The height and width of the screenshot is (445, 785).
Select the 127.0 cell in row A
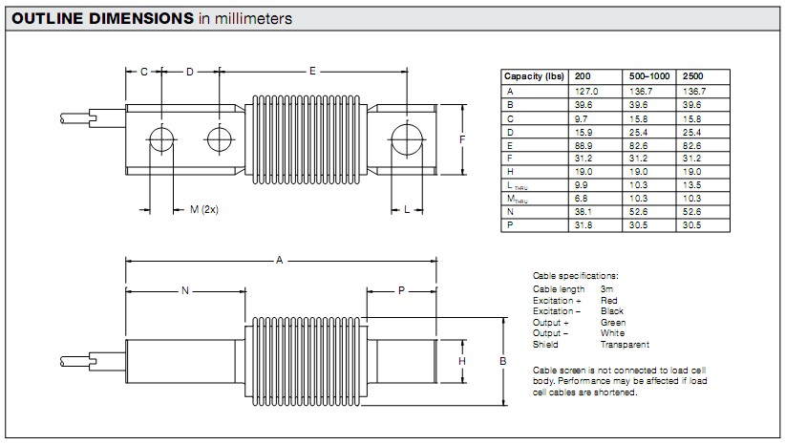coord(586,91)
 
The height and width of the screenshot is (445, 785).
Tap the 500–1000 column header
coord(649,76)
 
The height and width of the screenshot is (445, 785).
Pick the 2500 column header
coord(693,76)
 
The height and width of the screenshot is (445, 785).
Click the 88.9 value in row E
coord(583,146)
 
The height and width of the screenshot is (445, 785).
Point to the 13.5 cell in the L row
coord(691,184)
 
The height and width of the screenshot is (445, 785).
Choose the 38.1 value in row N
coord(583,212)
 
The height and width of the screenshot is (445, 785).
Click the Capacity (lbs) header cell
coord(534,76)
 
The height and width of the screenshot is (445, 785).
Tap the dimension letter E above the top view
coord(312,71)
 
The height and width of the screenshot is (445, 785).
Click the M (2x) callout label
coord(204,209)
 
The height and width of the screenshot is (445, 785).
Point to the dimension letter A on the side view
coord(280,260)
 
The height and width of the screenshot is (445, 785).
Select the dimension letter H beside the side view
coord(462,361)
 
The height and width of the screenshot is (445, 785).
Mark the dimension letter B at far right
coord(503,361)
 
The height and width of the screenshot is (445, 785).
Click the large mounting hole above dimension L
coord(407,139)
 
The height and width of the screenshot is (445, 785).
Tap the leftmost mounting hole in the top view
coord(161,139)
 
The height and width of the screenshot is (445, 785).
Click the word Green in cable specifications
coord(613,323)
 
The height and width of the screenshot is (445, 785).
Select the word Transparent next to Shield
coord(625,345)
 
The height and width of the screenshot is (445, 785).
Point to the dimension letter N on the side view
coord(185,290)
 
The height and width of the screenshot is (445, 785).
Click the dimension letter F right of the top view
coord(462,139)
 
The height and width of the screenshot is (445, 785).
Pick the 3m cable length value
coord(606,288)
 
